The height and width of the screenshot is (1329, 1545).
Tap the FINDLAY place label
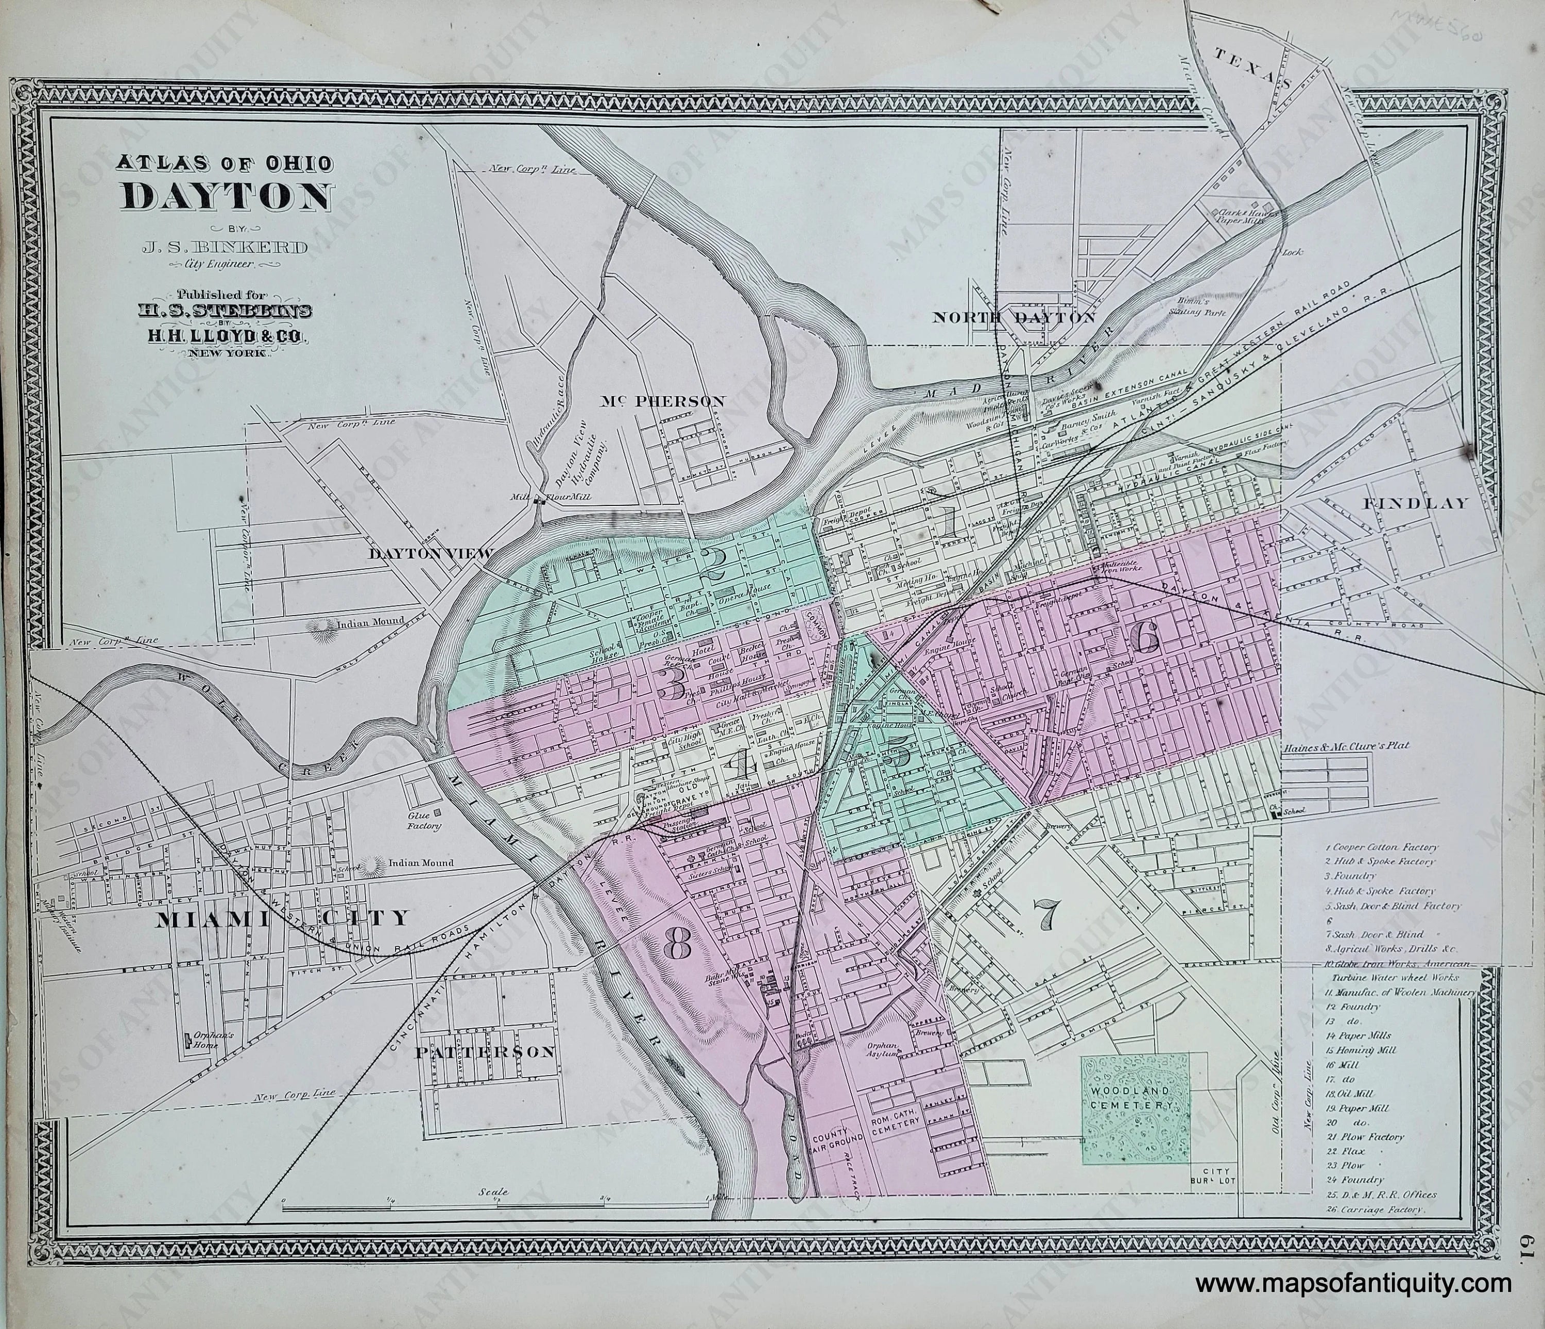click(1415, 503)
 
